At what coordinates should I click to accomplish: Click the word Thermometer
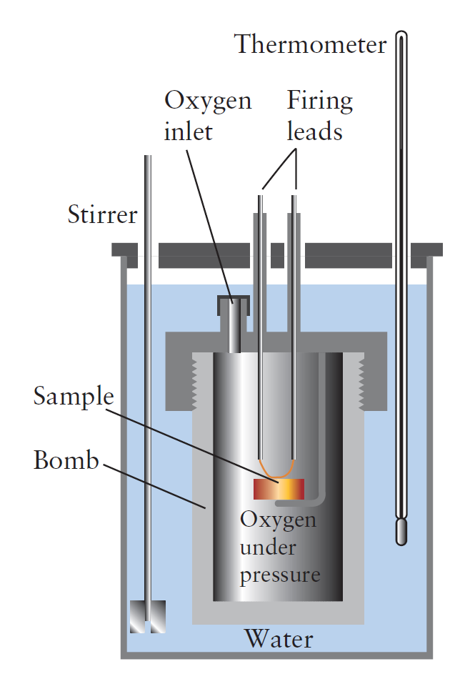(310, 44)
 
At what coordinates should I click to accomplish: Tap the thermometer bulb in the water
(402, 530)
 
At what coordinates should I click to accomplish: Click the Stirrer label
(102, 214)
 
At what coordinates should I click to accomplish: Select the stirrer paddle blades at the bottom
(148, 616)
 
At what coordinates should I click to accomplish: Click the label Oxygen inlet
(208, 116)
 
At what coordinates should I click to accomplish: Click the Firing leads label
(319, 116)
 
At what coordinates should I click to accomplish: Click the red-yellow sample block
(279, 489)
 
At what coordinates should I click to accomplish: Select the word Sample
(74, 396)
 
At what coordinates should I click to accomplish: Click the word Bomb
(66, 461)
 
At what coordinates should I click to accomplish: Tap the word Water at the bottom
(278, 638)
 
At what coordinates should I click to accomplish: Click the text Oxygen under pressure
(279, 547)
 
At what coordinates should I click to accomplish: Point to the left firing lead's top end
(261, 194)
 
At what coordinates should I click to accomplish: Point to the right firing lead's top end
(294, 194)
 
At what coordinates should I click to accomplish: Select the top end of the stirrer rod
(148, 159)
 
